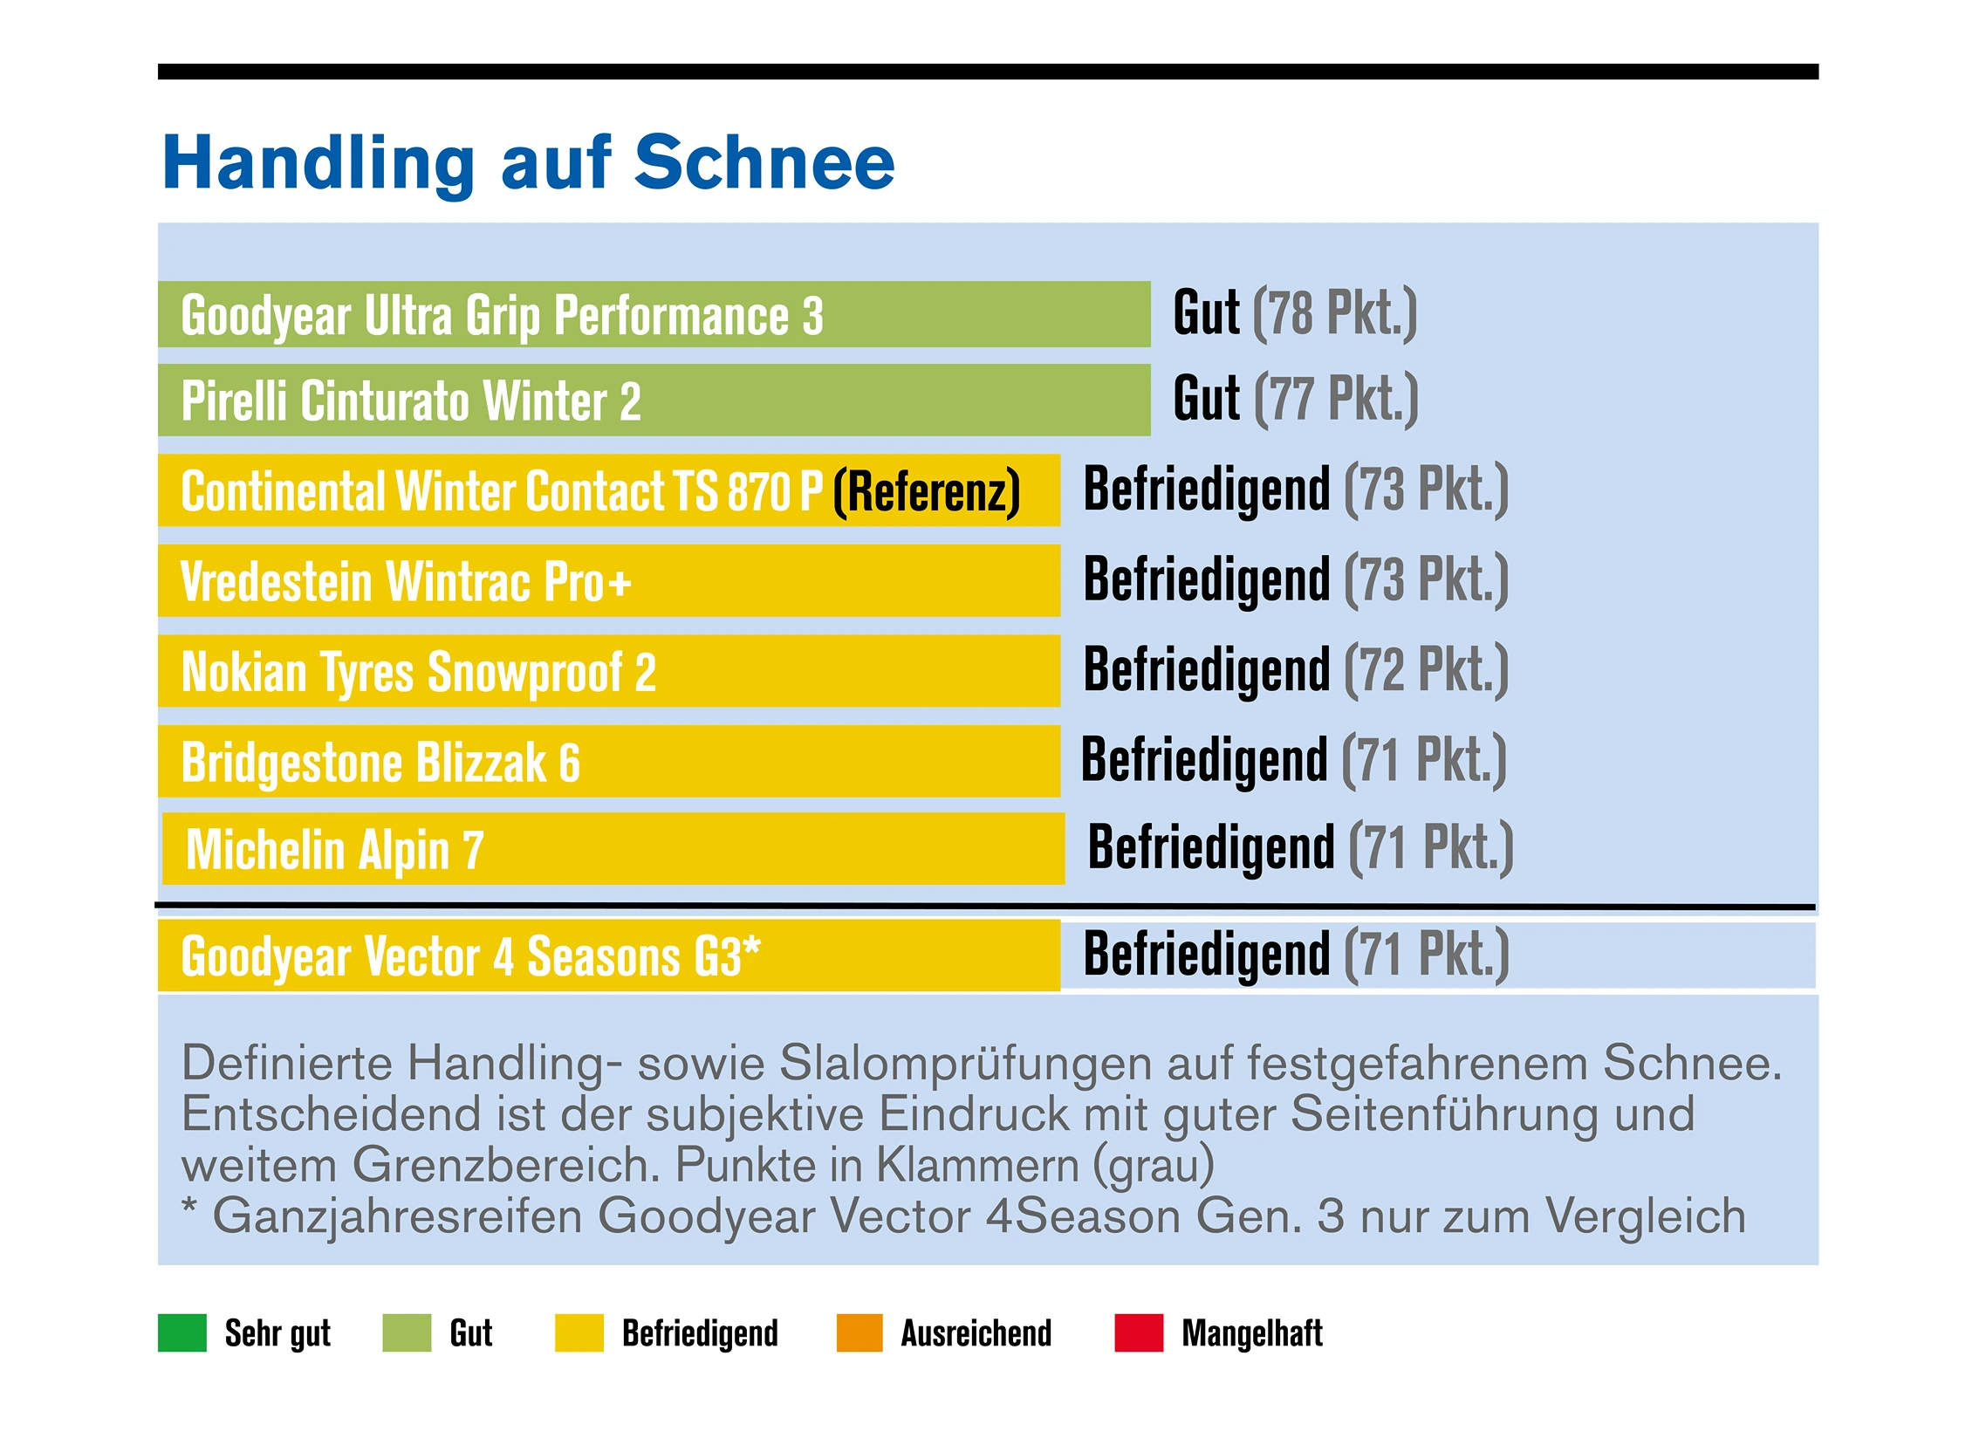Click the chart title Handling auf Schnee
pos(528,163)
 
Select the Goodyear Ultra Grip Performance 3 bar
pos(654,314)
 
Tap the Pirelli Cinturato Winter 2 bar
pos(654,401)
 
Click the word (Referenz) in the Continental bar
pos(927,491)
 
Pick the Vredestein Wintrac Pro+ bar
pos(608,580)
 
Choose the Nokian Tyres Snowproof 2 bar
pos(608,672)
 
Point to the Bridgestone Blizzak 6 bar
pos(608,762)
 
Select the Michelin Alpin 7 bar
pos(613,850)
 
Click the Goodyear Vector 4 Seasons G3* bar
pos(608,955)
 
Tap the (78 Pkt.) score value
pos(1334,312)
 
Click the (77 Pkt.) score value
pos(1336,400)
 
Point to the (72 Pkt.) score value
pos(1427,670)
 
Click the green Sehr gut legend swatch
pos(182,1333)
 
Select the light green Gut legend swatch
pos(407,1333)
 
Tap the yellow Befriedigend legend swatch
pos(579,1333)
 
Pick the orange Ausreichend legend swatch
pos(859,1333)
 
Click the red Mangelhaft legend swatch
pos(1139,1333)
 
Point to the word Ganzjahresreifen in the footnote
pos(398,1217)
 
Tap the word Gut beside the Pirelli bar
pos(1206,400)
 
